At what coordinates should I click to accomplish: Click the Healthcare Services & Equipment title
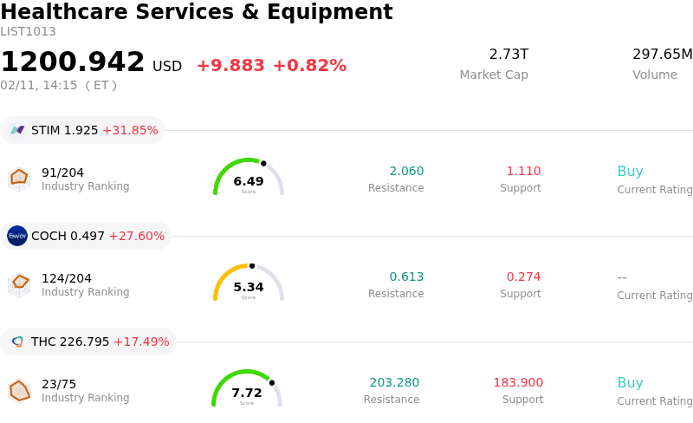[x=197, y=12]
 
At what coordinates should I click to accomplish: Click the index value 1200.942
[x=73, y=62]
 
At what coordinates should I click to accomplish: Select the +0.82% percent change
[x=309, y=66]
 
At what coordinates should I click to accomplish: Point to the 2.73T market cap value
[x=508, y=55]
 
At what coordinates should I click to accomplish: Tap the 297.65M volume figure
[x=662, y=55]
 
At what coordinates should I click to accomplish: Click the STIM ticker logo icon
[x=17, y=130]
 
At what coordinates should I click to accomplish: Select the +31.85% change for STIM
[x=130, y=130]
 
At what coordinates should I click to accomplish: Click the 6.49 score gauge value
[x=249, y=181]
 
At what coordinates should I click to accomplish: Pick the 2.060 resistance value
[x=406, y=172]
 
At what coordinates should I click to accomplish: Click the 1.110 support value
[x=523, y=172]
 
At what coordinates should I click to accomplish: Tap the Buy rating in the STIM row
[x=630, y=172]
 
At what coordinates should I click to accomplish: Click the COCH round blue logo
[x=17, y=236]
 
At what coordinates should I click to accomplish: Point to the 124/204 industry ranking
[x=67, y=278]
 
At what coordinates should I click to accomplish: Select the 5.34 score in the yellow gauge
[x=249, y=287]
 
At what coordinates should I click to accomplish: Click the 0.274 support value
[x=523, y=277]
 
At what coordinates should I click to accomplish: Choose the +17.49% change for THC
[x=141, y=342]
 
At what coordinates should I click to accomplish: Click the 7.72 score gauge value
[x=247, y=393]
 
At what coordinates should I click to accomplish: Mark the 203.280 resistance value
[x=394, y=383]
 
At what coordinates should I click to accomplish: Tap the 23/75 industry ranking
[x=59, y=384]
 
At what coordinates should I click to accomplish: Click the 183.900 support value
[x=518, y=383]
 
